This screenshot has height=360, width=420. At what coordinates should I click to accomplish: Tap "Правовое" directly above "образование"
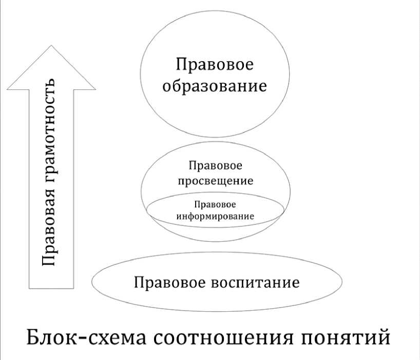click(215, 65)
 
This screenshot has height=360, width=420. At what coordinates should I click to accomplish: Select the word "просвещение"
click(216, 181)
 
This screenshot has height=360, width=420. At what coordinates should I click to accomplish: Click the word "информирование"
click(215, 216)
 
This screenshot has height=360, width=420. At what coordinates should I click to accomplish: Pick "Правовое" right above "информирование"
click(216, 205)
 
